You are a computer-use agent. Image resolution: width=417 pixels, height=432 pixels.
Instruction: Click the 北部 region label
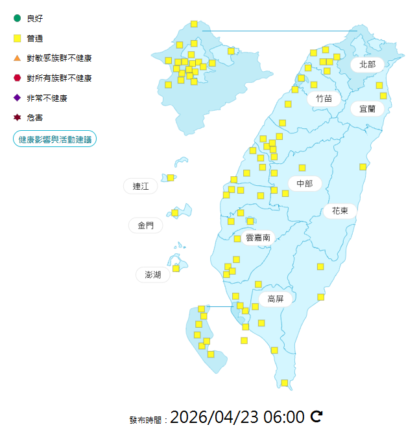(x=368, y=64)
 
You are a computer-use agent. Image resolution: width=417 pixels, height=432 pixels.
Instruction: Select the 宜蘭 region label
(x=367, y=109)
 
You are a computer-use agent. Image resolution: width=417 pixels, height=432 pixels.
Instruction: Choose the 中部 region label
(x=304, y=184)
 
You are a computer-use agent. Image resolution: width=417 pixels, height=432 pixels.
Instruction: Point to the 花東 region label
(x=340, y=210)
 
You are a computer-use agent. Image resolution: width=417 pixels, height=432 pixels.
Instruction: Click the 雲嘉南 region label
(x=257, y=238)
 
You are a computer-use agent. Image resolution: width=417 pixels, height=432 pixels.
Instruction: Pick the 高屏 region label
(x=276, y=299)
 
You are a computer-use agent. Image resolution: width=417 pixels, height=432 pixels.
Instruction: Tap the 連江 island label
(x=141, y=187)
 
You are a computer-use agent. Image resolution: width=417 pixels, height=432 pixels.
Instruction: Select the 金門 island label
(x=146, y=225)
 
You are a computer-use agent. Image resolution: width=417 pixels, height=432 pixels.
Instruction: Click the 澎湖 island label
(x=153, y=275)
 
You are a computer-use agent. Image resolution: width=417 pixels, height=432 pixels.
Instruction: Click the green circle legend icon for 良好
(x=18, y=18)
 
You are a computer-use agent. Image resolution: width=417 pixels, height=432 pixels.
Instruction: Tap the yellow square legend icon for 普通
(x=18, y=38)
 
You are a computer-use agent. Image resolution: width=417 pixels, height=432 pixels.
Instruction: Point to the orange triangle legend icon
(x=18, y=58)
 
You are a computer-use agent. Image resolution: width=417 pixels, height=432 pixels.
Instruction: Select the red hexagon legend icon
(x=18, y=78)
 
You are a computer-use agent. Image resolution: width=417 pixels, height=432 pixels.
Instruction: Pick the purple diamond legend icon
(x=18, y=98)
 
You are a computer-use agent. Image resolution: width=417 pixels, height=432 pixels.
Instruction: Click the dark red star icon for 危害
(x=18, y=118)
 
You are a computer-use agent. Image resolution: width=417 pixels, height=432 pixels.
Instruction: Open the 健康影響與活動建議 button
(x=55, y=139)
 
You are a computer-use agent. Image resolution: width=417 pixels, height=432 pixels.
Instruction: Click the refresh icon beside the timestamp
(x=316, y=416)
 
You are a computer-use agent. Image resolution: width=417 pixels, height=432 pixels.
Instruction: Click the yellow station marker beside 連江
(x=171, y=177)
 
